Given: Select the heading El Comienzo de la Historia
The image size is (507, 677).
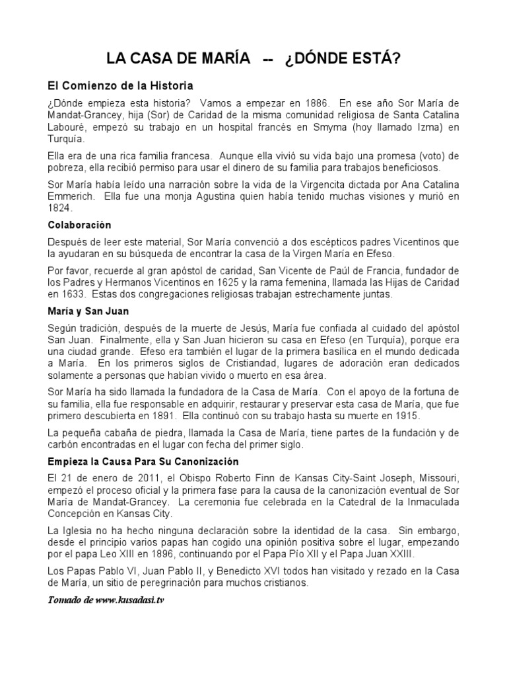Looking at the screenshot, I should pos(120,85).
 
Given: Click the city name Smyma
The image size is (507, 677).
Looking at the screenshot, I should pos(346,127).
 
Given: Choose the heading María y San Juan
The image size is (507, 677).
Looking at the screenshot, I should pos(88,311).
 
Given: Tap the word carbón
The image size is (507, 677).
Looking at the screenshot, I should pos(64,446).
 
